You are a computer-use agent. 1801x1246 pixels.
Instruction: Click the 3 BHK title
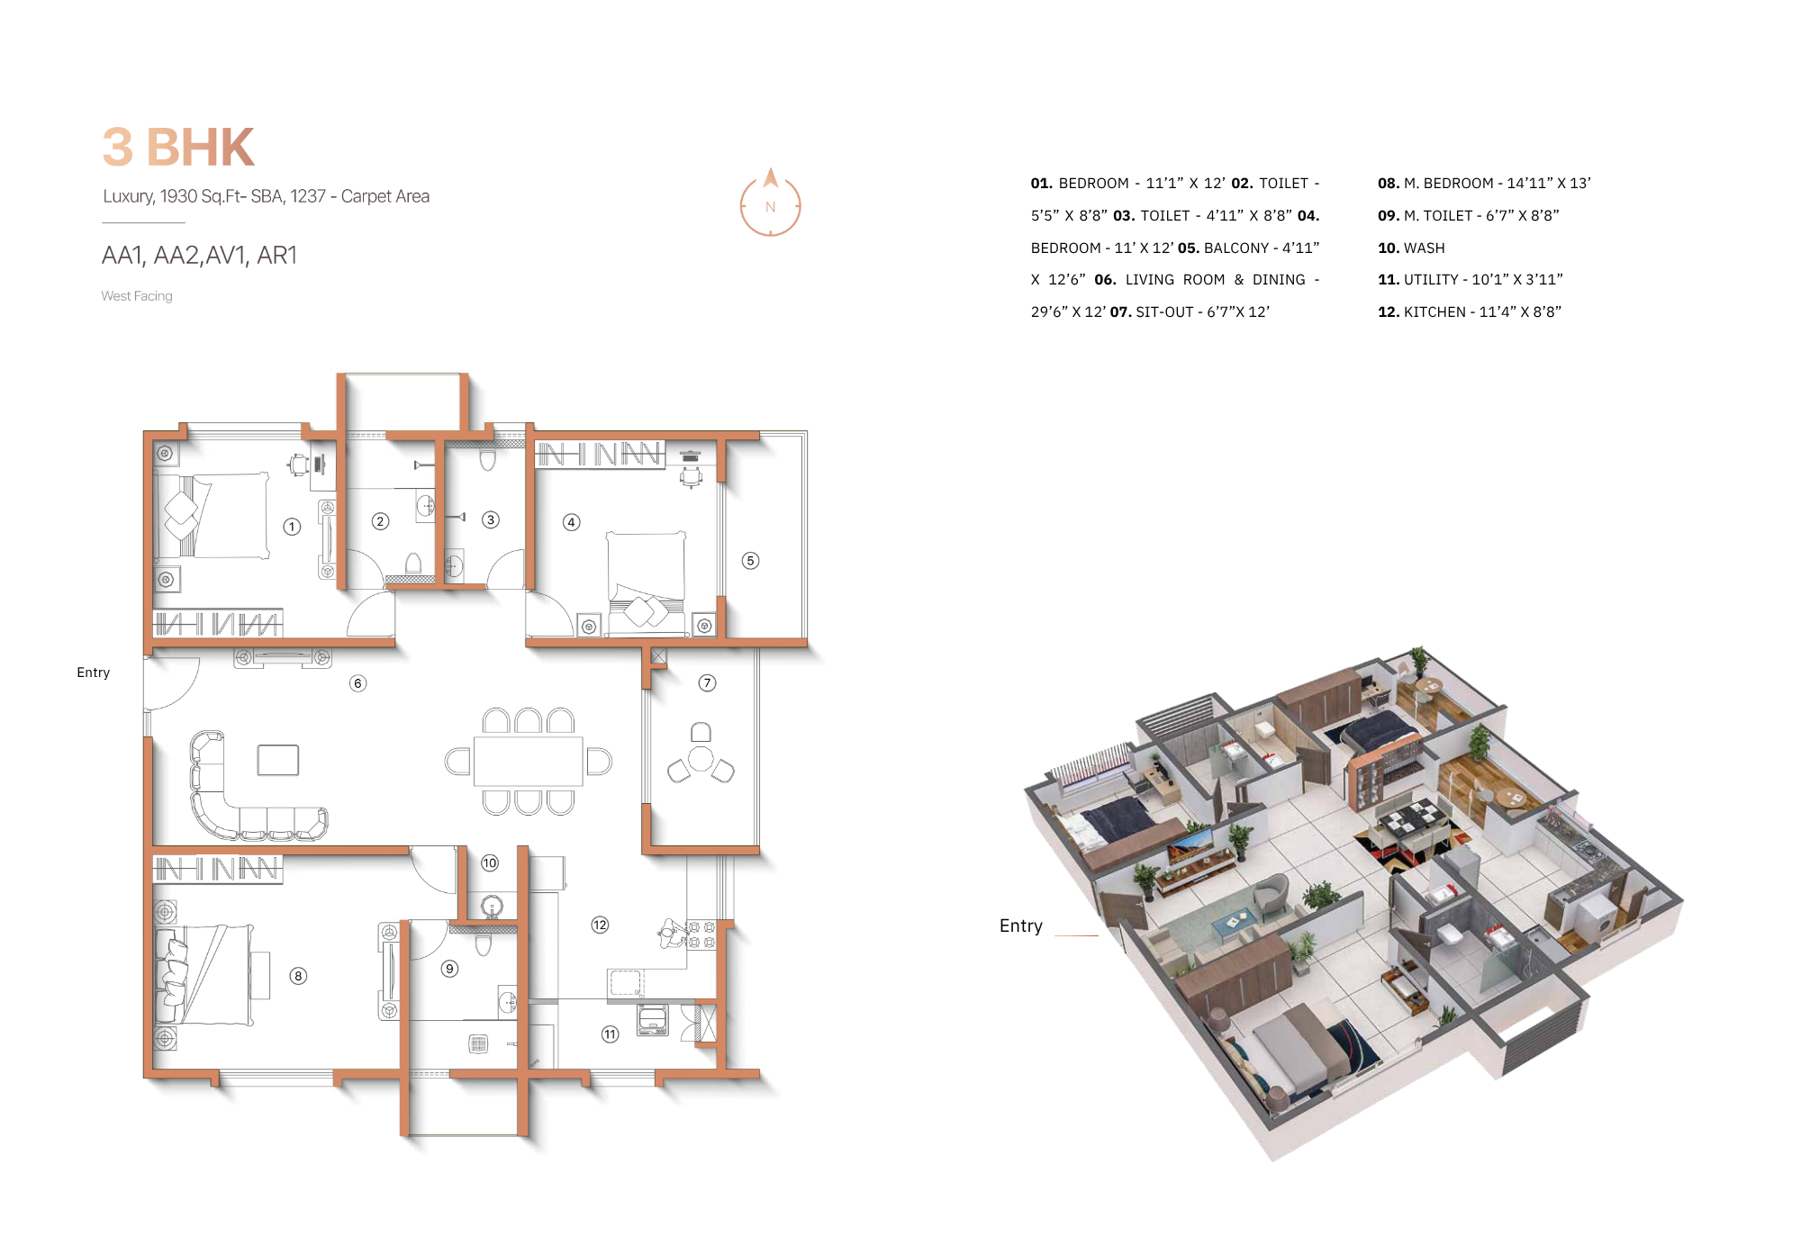(x=178, y=148)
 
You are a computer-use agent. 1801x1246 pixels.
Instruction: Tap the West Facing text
(x=137, y=296)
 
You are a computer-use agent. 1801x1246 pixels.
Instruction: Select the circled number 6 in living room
(x=357, y=683)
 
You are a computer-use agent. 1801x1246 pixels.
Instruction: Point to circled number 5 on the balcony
(x=750, y=561)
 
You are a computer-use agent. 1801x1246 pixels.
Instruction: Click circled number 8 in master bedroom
(x=298, y=976)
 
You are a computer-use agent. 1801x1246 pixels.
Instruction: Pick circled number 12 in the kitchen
(x=600, y=925)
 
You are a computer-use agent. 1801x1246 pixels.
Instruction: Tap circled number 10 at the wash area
(x=489, y=862)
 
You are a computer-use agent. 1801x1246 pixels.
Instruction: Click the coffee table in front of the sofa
(x=277, y=760)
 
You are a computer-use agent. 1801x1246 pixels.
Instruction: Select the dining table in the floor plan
(x=528, y=761)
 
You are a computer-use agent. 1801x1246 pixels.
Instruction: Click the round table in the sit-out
(x=701, y=759)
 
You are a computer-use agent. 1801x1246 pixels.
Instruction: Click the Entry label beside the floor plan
(x=93, y=673)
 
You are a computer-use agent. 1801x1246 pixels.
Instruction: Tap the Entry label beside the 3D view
(x=1020, y=925)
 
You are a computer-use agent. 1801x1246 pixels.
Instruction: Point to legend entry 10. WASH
(x=1411, y=248)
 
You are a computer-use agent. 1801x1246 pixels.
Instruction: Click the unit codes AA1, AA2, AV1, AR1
(x=199, y=256)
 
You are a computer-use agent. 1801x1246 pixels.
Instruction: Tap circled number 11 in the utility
(x=610, y=1034)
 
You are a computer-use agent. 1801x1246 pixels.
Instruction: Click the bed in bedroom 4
(x=646, y=576)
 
